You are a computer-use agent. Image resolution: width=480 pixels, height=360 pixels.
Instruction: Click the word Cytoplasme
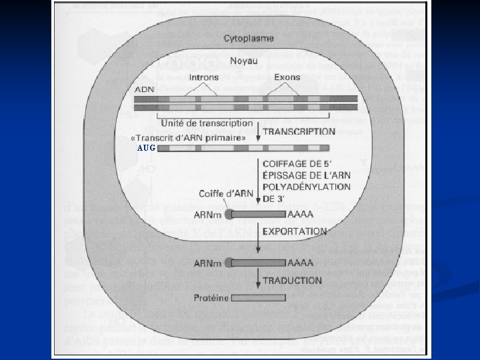click(248, 39)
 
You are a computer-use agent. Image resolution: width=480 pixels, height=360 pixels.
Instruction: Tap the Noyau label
click(245, 61)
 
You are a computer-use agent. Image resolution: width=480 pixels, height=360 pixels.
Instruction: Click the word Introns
click(204, 78)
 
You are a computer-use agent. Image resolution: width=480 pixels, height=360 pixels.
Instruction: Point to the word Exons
click(287, 78)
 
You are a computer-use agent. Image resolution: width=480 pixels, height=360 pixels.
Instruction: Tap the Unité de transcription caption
click(207, 123)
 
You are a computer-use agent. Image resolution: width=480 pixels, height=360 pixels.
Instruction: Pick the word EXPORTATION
click(293, 231)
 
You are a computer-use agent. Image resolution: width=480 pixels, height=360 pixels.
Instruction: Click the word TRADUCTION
click(293, 281)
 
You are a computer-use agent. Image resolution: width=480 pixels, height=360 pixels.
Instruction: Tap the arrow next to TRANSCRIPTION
click(258, 133)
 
